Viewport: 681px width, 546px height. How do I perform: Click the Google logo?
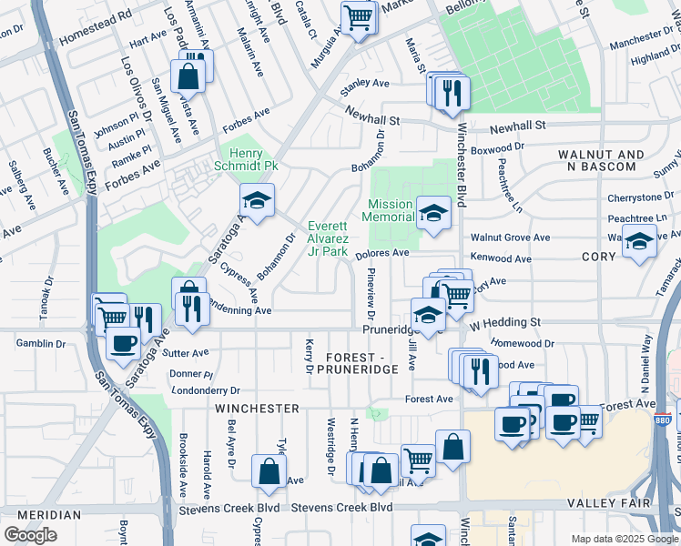pyautogui.click(x=30, y=535)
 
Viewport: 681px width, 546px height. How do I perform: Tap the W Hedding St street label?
pyautogui.click(x=504, y=323)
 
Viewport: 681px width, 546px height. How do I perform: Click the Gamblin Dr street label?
pyautogui.click(x=42, y=343)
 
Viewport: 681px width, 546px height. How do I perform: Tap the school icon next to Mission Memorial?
pyautogui.click(x=433, y=214)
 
